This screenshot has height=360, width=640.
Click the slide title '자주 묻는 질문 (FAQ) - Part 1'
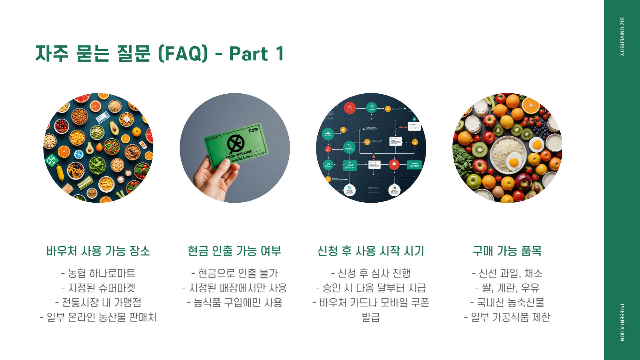160,54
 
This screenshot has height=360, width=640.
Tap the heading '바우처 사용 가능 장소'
98,251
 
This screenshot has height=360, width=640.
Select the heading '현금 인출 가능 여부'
234,251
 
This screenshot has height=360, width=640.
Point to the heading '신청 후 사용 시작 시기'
371,251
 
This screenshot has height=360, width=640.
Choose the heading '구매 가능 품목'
507,251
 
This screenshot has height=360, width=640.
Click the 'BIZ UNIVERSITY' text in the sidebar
622,37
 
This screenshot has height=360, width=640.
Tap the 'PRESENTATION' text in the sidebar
622,322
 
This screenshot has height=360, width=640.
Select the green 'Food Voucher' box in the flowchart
350,165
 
